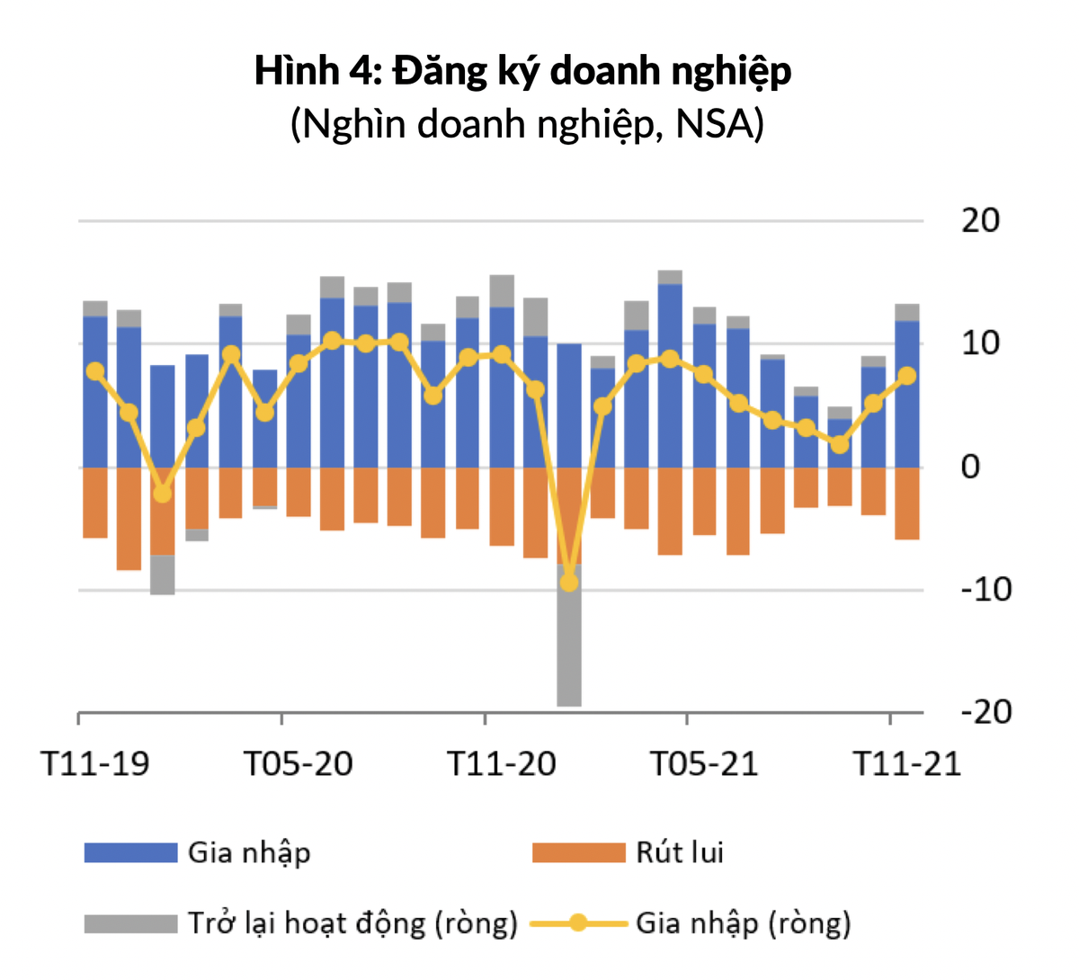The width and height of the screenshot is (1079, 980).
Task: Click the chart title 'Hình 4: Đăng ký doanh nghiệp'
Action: pyautogui.click(x=522, y=71)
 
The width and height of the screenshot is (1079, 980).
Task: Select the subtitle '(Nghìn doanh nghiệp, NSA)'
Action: pyautogui.click(x=527, y=123)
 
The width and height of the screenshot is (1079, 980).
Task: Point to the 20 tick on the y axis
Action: pyautogui.click(x=980, y=220)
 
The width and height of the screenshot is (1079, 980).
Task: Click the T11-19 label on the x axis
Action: pyautogui.click(x=96, y=764)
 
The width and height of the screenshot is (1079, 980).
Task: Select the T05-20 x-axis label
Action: pyautogui.click(x=299, y=764)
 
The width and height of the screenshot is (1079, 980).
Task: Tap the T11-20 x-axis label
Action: pyautogui.click(x=502, y=764)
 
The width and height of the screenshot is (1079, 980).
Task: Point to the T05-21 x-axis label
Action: pyautogui.click(x=704, y=764)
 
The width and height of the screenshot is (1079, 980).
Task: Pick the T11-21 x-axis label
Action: pyautogui.click(x=906, y=764)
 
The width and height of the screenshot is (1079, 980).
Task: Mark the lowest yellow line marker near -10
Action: pyautogui.click(x=568, y=583)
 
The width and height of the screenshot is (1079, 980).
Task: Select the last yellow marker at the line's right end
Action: pyautogui.click(x=906, y=376)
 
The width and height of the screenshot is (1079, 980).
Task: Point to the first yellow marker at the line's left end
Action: pyautogui.click(x=95, y=371)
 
